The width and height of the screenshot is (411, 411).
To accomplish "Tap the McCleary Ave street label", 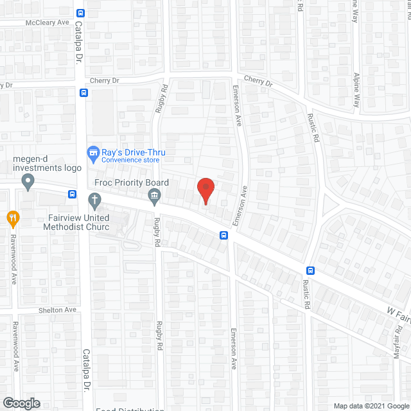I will point(47,22).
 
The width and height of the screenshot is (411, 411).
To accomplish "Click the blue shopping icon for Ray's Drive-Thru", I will point(92,153).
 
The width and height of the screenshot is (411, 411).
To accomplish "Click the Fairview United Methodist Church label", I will point(76,222).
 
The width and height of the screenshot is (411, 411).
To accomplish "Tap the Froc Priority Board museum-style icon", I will point(154,199).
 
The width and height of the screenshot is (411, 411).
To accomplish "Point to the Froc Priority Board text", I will point(131,183).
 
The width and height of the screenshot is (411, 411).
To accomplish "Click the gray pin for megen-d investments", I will point(28,183).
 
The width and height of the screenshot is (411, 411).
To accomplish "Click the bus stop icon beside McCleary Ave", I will point(80,13).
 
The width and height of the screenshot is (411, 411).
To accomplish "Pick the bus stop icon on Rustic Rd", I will point(310,271).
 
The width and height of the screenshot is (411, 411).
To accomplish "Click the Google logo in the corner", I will point(21,403).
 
